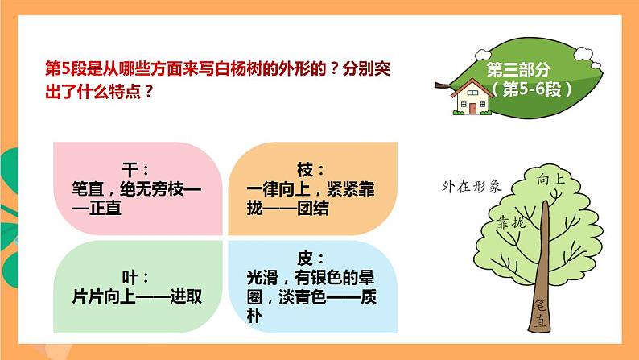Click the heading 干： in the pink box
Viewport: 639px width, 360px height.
click(135, 169)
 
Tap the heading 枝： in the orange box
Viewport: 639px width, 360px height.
click(311, 170)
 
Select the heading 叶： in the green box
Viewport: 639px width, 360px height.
click(135, 278)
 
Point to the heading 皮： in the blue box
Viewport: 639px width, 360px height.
click(311, 259)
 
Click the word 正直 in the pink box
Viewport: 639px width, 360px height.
click(105, 208)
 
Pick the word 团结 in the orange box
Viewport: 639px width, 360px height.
click(312, 209)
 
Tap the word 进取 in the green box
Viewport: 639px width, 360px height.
click(186, 296)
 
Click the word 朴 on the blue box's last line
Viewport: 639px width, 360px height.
click(254, 316)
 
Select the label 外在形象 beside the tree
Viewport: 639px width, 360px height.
click(472, 186)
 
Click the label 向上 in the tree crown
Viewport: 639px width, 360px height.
click(550, 179)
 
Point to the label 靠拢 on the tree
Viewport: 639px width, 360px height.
click(511, 222)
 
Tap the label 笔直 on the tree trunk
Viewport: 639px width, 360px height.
click(540, 313)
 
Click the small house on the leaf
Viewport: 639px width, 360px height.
click(472, 97)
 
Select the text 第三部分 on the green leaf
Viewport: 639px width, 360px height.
click(518, 70)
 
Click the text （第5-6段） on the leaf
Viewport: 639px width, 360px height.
click(532, 89)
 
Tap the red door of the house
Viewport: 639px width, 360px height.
click(472, 109)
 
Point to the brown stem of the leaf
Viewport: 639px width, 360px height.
click(443, 85)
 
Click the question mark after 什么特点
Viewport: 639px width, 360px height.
click(148, 91)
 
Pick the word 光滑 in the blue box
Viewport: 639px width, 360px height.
click(262, 278)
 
